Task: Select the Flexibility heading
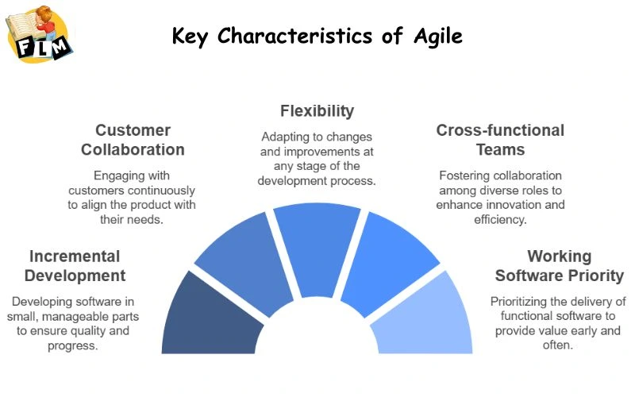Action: (317, 110)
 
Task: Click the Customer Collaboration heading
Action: (140, 139)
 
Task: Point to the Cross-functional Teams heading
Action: (500, 139)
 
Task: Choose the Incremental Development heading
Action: (75, 266)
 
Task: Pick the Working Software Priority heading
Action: (560, 266)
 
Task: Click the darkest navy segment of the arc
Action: (208, 318)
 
